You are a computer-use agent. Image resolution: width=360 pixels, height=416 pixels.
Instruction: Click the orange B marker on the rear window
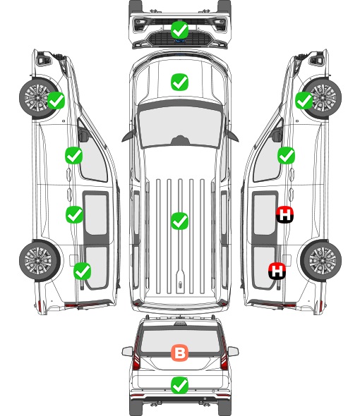[180, 353]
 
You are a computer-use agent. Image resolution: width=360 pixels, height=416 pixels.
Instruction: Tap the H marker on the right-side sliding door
[284, 214]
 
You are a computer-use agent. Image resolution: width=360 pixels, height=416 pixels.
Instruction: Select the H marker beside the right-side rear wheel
[277, 271]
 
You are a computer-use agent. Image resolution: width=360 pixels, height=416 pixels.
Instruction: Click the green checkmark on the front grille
[180, 30]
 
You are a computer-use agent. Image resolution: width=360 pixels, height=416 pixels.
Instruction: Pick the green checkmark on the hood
[179, 82]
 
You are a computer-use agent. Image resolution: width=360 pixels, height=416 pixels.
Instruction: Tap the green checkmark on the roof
[179, 221]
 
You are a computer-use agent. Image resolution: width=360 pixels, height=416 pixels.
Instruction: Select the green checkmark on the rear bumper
[179, 385]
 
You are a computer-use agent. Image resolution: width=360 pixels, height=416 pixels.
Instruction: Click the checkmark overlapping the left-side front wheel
[56, 100]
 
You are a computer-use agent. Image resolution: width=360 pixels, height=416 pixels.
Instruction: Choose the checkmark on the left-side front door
[74, 155]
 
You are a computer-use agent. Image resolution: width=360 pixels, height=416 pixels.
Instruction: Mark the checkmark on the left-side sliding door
[74, 214]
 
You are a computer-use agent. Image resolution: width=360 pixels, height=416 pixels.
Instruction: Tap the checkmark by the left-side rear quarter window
[83, 271]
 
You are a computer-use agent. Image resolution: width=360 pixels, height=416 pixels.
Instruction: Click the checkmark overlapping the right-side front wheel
[304, 100]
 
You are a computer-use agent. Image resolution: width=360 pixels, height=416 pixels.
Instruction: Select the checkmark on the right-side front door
[286, 155]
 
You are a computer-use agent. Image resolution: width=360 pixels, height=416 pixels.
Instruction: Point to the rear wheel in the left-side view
[40, 261]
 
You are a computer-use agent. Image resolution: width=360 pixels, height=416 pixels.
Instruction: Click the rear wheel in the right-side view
[321, 261]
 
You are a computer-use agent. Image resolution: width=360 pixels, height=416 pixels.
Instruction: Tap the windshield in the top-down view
[180, 126]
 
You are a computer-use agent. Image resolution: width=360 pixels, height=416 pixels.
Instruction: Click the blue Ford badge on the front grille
[180, 41]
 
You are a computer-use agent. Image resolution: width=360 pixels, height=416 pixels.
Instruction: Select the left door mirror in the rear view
[128, 352]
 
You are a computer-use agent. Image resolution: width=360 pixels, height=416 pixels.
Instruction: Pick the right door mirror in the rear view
[233, 352]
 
